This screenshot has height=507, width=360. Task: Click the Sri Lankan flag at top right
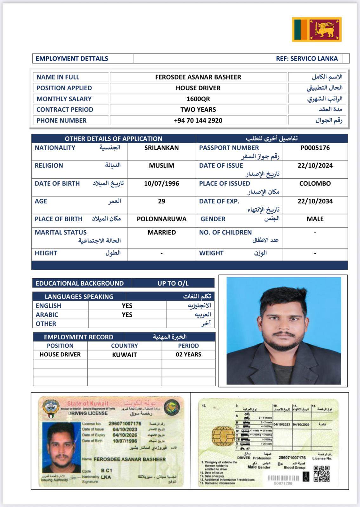(317, 29)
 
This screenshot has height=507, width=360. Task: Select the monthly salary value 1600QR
(198, 99)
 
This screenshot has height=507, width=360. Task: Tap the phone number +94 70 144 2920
(198, 120)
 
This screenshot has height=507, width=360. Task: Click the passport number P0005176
(315, 148)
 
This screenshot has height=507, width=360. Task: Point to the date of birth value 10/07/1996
(161, 183)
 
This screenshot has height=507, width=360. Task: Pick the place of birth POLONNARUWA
(161, 219)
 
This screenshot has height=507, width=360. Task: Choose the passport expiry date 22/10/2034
(315, 201)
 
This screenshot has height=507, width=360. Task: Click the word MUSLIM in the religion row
(161, 165)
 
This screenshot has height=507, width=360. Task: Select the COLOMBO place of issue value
(315, 183)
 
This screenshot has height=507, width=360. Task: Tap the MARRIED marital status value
(161, 232)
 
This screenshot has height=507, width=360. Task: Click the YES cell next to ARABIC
(127, 315)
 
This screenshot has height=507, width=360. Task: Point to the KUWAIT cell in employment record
(124, 355)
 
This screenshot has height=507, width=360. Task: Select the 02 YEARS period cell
(188, 354)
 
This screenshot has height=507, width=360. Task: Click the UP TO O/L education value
(173, 283)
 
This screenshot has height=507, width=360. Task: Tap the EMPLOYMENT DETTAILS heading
(72, 59)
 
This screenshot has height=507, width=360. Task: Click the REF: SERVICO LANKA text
(307, 59)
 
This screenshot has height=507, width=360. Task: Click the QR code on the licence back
(321, 474)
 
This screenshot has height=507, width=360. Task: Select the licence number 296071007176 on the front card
(125, 423)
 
